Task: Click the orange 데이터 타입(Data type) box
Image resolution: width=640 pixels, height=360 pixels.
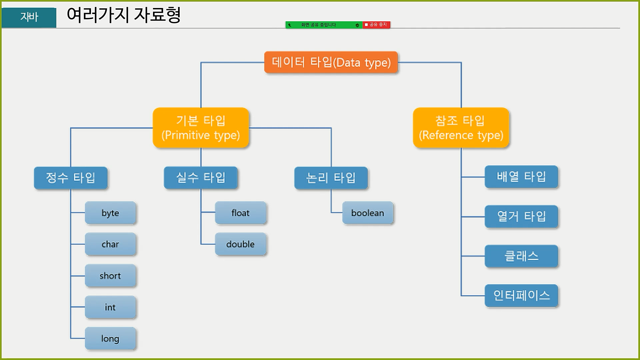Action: [x=331, y=62]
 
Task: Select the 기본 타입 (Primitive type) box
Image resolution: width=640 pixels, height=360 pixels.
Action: [x=201, y=128]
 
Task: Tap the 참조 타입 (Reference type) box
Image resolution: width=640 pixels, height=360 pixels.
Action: [x=461, y=128]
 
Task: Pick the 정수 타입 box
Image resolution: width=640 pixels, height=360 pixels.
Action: [x=71, y=178]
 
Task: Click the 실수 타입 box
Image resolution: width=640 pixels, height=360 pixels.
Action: [x=201, y=178]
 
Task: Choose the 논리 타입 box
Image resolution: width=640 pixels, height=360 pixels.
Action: [x=331, y=178]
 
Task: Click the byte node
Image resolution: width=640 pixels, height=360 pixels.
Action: [x=110, y=213]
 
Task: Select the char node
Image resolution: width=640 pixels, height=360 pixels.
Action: [x=110, y=244]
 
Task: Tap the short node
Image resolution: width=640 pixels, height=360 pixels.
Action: [x=110, y=276]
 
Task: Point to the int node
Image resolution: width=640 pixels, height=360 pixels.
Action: [x=110, y=307]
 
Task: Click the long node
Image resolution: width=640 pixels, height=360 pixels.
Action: [x=110, y=338]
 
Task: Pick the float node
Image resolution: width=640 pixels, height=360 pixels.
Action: [x=240, y=213]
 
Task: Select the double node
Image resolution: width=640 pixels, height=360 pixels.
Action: [x=240, y=244]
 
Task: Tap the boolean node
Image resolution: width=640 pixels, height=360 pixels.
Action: [x=368, y=213]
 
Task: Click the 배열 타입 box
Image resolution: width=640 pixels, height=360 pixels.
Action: [x=521, y=177]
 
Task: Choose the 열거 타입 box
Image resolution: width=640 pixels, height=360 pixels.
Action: [x=521, y=216]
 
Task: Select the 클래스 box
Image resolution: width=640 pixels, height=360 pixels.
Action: [x=521, y=256]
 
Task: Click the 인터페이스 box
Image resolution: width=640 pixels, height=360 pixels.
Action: [x=521, y=296]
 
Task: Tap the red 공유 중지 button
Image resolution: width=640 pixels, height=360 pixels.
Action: [x=376, y=25]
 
